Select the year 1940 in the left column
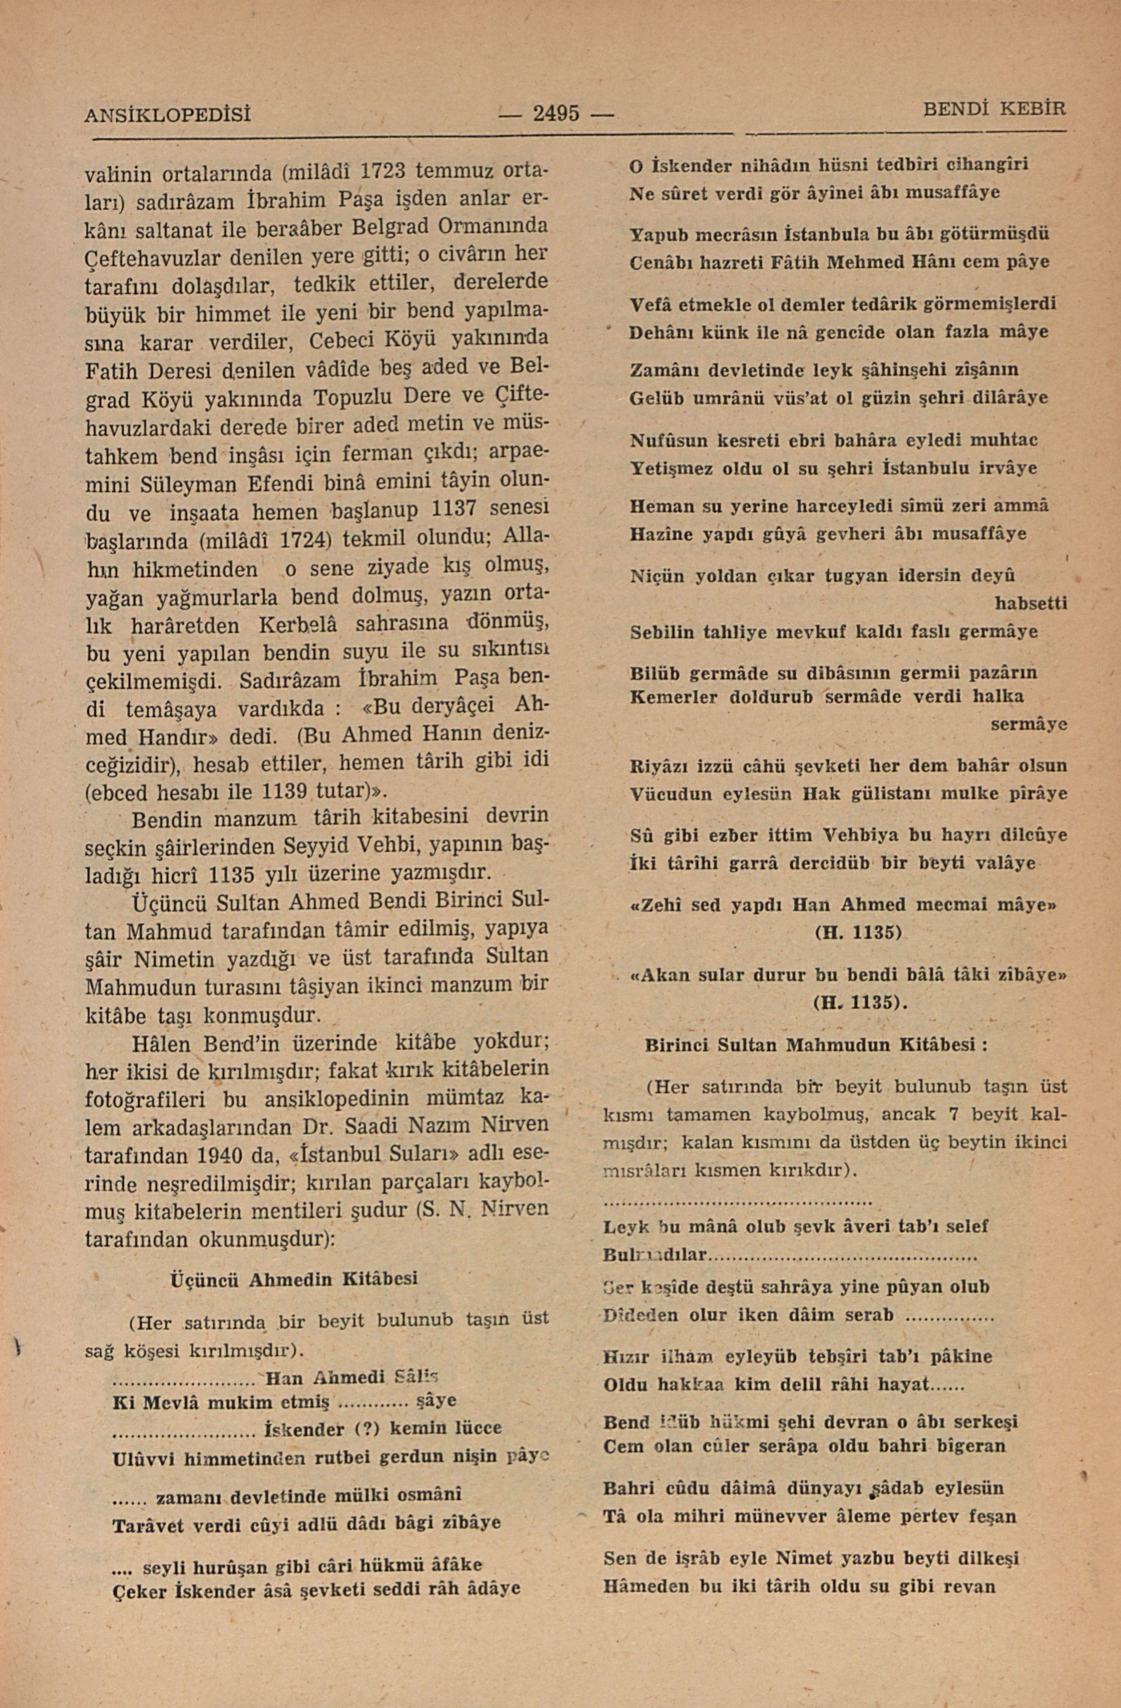coord(233,1156)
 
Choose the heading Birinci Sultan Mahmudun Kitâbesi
coord(817,1045)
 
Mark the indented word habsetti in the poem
coord(1030,603)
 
